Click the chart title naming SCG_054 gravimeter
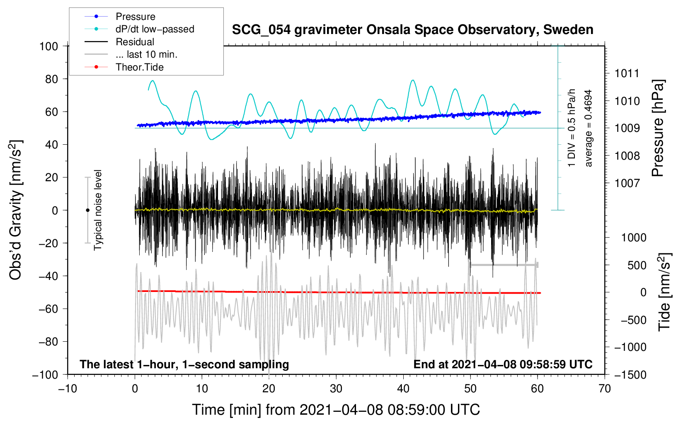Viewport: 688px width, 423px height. click(412, 30)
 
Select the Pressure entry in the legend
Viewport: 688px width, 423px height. click(135, 17)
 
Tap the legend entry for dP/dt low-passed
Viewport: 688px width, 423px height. click(155, 29)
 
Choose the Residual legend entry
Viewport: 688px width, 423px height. click(135, 42)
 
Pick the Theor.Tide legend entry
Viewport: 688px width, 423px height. click(139, 67)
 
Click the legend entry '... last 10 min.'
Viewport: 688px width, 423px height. click(146, 54)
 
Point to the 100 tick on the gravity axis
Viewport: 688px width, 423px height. click(49, 46)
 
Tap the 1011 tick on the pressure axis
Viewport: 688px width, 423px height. click(627, 74)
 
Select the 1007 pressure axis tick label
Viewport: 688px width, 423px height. click(627, 183)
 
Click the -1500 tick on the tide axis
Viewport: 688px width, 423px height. click(630, 374)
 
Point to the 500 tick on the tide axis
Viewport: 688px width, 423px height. click(637, 265)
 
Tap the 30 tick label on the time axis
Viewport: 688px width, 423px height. click(336, 389)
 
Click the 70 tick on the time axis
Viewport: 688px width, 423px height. click(605, 389)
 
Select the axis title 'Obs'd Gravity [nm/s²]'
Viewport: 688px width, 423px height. click(16, 210)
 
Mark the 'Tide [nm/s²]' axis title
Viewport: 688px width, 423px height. click(664, 292)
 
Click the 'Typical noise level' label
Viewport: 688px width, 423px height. click(98, 210)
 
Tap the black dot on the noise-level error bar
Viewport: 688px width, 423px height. click(87, 210)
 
